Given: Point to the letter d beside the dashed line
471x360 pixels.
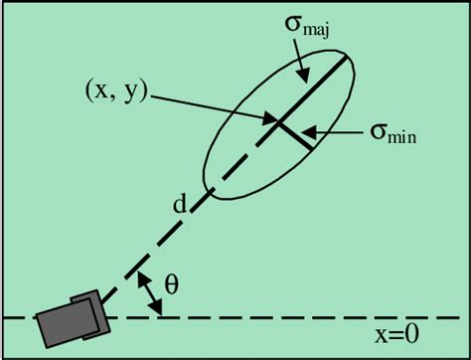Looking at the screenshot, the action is [x=180, y=206].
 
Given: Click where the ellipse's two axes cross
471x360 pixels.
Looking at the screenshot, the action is [x=277, y=123].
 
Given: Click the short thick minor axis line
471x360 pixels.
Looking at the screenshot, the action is [x=295, y=136].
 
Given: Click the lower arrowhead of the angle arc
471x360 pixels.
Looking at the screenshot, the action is [x=157, y=311].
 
